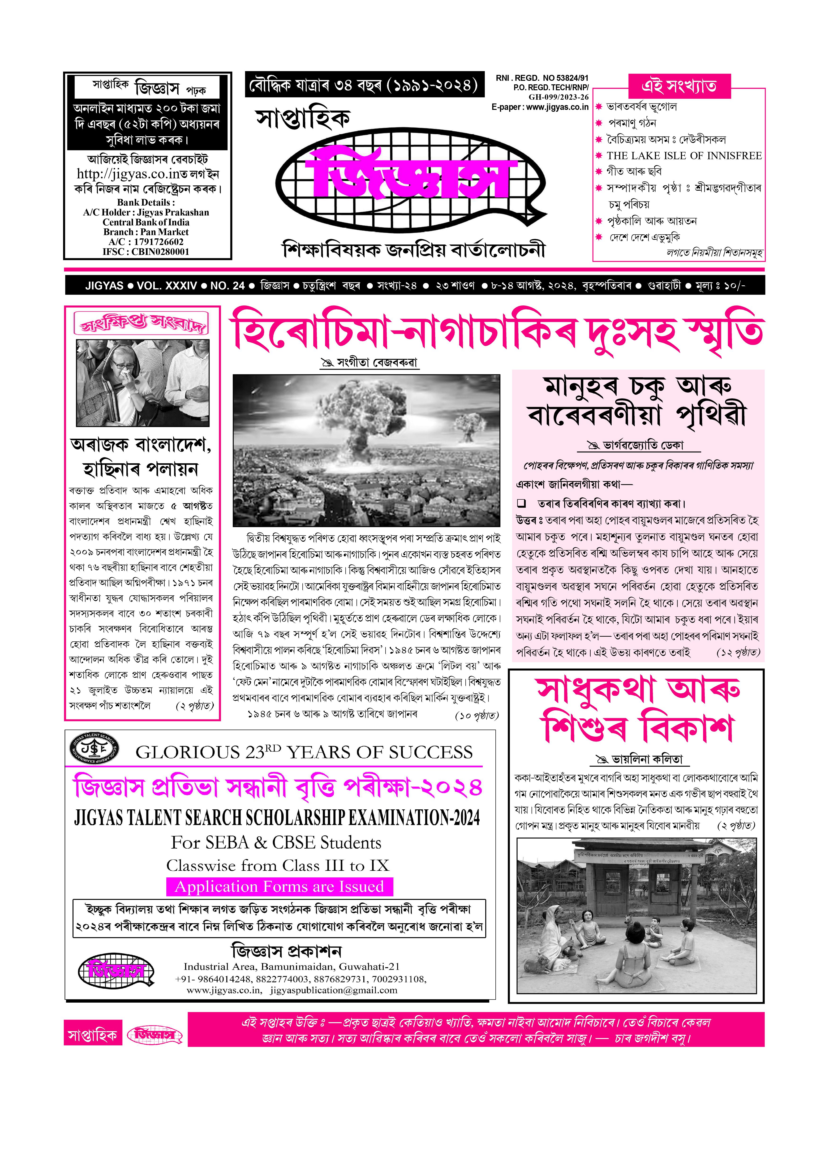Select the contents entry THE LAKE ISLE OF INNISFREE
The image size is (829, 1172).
click(x=684, y=156)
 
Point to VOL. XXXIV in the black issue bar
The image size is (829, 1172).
click(x=166, y=286)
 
